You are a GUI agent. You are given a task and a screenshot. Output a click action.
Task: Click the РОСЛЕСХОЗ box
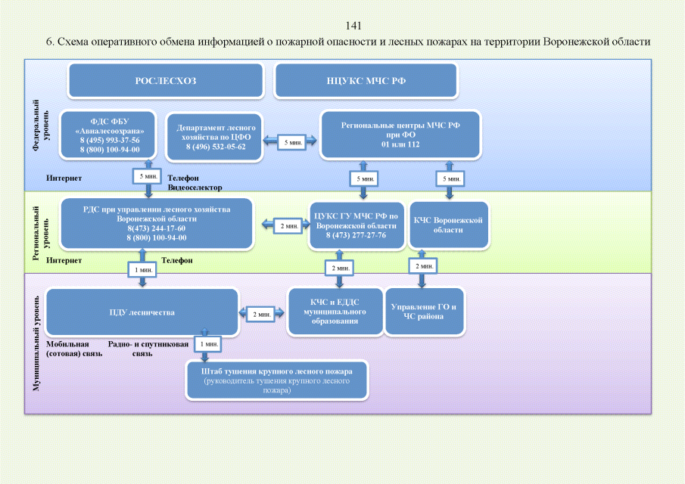point(165,80)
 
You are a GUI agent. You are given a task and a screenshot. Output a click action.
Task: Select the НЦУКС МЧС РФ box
point(366,80)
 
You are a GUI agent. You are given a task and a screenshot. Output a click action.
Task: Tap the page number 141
point(353,26)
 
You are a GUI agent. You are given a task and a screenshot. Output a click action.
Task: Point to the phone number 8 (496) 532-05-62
point(216,147)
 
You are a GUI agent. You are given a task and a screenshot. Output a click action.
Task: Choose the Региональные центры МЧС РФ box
point(401,135)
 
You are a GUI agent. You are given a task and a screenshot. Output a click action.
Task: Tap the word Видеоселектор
point(195,188)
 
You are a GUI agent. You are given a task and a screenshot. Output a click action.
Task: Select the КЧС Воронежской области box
point(449,225)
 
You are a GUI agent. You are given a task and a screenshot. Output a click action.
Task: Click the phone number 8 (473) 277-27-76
point(356,235)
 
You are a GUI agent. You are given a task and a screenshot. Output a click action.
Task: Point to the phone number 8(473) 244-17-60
point(157,228)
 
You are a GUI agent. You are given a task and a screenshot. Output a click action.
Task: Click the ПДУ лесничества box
point(142,312)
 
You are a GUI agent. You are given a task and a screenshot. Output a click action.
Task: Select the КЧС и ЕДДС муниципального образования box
point(334,312)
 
